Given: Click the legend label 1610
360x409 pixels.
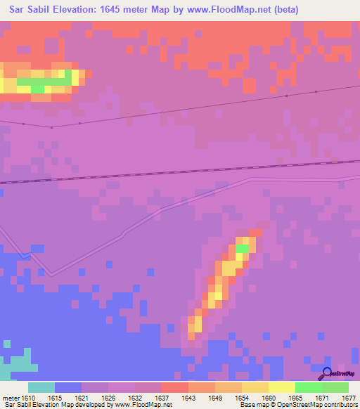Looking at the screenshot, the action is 28,398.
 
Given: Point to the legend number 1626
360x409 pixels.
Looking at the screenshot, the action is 109,398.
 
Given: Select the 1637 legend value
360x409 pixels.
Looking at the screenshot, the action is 162,398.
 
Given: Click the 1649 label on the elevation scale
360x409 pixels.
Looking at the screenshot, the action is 216,398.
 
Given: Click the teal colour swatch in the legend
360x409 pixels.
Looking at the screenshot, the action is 41,387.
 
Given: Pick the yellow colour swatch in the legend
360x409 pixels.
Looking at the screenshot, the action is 281,387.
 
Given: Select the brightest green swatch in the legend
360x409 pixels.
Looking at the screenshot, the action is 308,387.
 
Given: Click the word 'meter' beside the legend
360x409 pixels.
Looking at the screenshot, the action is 11,398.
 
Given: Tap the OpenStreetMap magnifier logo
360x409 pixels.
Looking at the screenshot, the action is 326,374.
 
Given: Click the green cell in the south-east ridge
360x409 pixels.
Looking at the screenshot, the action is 242,248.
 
